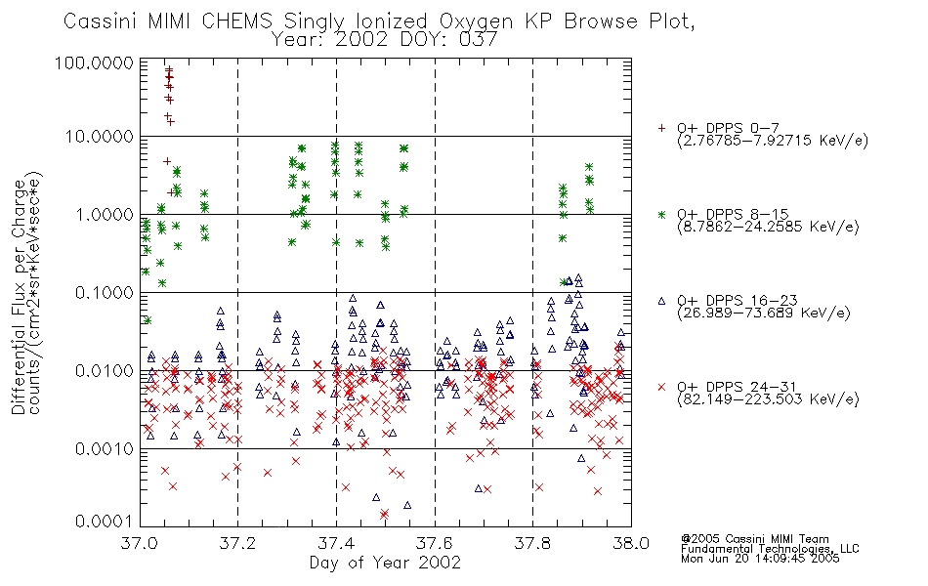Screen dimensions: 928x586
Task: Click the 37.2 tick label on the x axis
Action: [x=237, y=543]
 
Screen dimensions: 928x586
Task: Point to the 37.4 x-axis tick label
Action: [x=336, y=543]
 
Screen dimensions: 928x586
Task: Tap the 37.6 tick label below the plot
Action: [x=435, y=543]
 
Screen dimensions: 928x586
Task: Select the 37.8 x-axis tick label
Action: [x=532, y=543]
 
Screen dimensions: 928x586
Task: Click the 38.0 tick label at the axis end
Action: [x=631, y=543]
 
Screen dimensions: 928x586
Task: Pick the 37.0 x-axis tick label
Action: [x=140, y=543]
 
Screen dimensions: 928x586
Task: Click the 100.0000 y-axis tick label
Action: [x=95, y=63]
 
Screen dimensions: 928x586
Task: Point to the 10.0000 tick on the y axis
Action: [x=100, y=137]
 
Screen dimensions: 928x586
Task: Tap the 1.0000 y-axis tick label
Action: [x=105, y=214]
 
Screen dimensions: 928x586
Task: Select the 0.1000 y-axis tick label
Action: [x=105, y=292]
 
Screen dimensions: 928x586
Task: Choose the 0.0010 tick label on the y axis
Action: [x=105, y=448]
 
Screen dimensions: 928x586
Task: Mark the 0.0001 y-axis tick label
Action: [x=105, y=522]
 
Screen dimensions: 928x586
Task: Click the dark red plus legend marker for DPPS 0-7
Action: [x=661, y=128]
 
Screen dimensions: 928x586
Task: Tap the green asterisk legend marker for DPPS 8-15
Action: [x=661, y=214]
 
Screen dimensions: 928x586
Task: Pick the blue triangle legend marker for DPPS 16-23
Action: [x=661, y=301]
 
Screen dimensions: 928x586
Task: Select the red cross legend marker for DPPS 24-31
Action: [x=661, y=387]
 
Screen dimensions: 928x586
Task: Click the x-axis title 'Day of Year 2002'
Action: [x=385, y=563]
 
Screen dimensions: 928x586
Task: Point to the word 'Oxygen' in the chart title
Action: [x=476, y=21]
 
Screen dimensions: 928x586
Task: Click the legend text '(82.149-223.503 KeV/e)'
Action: [x=768, y=398]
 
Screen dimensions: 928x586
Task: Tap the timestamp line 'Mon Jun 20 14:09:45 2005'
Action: [x=760, y=559]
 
